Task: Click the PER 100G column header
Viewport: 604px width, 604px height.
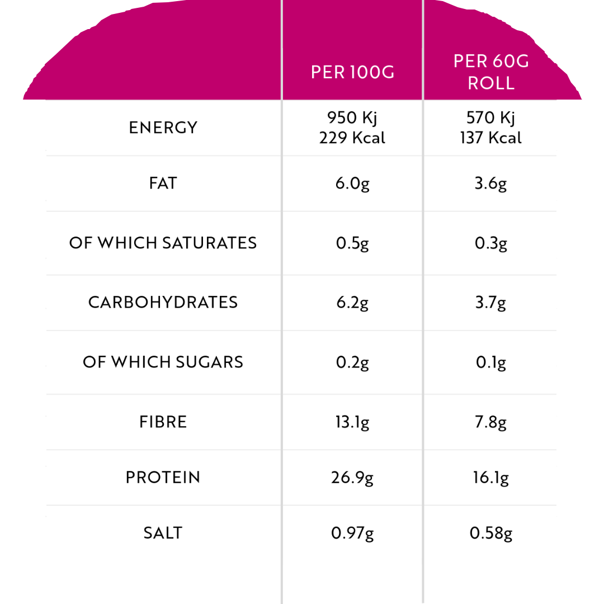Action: click(352, 73)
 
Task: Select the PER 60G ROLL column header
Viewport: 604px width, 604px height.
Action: click(490, 72)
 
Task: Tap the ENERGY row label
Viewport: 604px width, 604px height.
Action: click(163, 128)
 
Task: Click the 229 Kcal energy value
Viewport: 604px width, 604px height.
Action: click(352, 138)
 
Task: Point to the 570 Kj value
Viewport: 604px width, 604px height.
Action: click(490, 118)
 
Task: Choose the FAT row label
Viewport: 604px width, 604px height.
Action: click(163, 183)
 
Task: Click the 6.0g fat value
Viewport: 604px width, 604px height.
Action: click(352, 184)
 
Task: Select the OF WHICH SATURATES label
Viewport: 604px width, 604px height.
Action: click(163, 243)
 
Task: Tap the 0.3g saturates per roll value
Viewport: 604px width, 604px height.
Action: click(490, 244)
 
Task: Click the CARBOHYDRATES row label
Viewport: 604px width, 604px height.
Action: click(163, 302)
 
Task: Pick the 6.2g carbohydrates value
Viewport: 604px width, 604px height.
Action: click(352, 303)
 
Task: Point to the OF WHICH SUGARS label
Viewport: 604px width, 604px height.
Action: click(163, 362)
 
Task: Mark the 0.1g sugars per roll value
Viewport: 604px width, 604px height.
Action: click(490, 363)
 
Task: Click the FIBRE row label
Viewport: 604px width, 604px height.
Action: click(163, 422)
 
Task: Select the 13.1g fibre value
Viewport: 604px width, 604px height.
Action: click(352, 423)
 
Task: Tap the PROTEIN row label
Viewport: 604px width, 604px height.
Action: click(163, 478)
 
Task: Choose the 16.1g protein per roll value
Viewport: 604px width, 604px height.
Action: click(490, 479)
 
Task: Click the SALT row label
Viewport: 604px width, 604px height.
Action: click(163, 533)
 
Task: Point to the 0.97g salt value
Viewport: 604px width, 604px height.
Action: click(352, 534)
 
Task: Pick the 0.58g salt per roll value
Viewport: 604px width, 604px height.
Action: click(490, 534)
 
